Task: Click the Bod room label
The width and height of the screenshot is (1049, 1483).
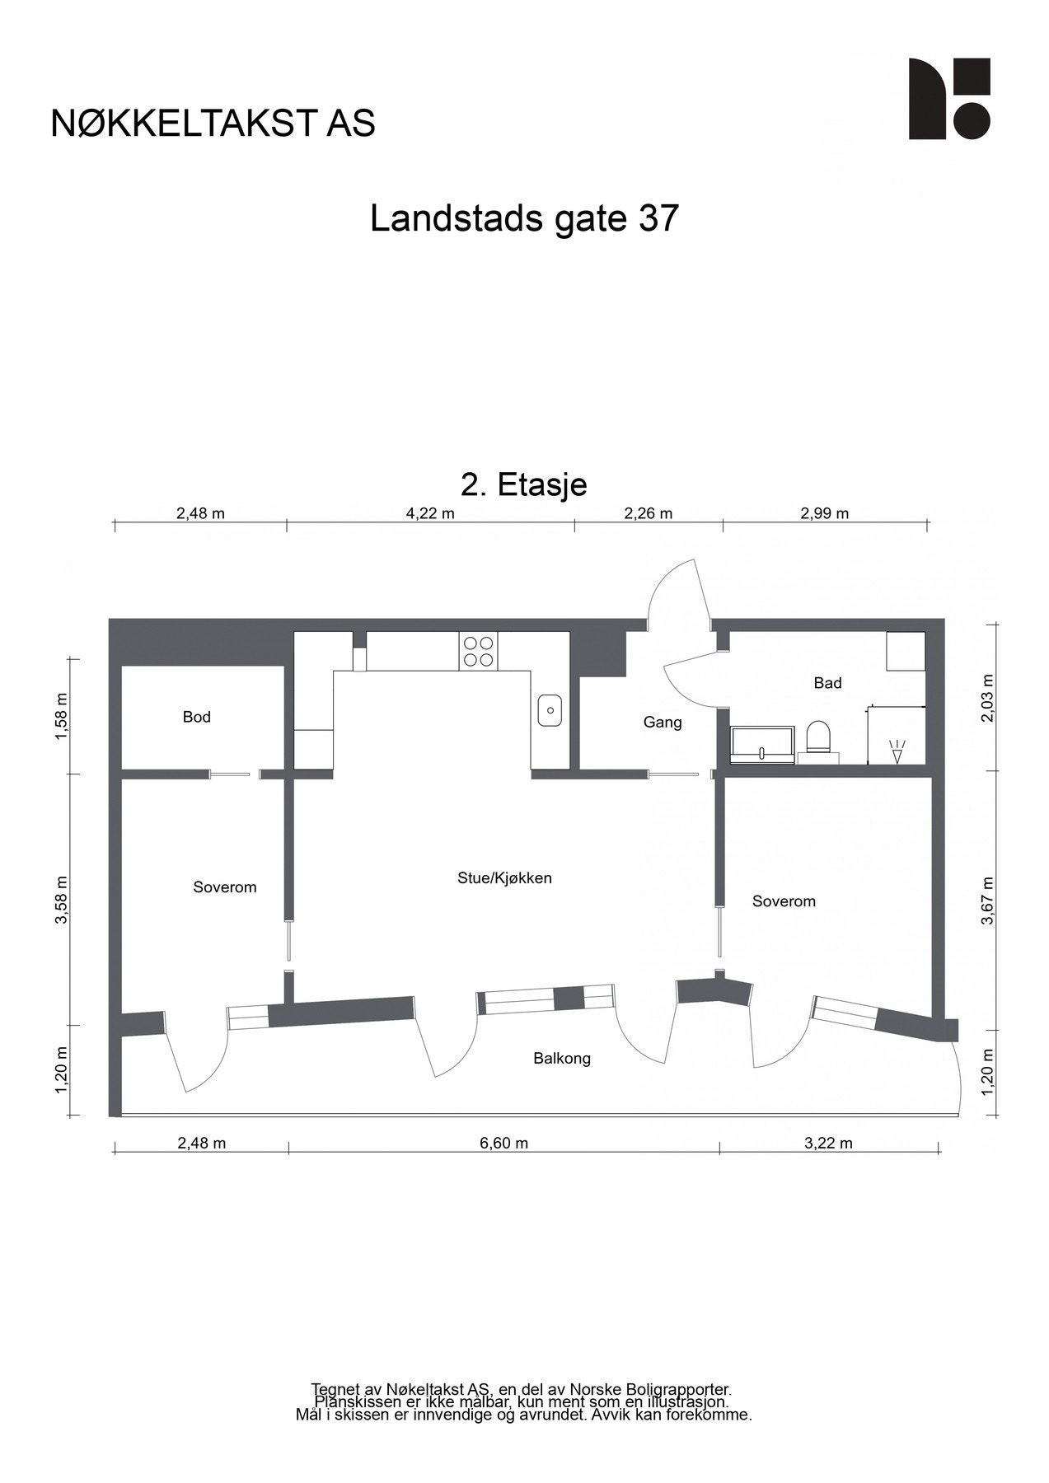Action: click(197, 717)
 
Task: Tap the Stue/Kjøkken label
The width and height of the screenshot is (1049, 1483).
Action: click(504, 877)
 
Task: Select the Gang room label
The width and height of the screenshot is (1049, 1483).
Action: click(663, 723)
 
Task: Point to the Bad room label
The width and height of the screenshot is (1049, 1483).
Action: click(827, 682)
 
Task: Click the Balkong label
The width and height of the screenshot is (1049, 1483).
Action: click(562, 1058)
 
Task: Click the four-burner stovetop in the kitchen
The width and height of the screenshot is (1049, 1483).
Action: click(479, 651)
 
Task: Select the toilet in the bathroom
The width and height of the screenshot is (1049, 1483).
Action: click(818, 737)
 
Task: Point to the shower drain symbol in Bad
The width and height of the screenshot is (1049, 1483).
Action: click(897, 751)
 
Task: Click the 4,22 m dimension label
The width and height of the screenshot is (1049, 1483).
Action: click(430, 513)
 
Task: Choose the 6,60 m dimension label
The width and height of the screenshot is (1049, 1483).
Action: click(503, 1143)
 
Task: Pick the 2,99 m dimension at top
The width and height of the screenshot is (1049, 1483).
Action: click(824, 513)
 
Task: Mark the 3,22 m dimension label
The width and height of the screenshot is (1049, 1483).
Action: click(827, 1143)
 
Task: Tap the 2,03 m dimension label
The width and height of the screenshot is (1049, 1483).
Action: click(988, 698)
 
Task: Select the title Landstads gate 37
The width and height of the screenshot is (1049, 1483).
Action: click(524, 219)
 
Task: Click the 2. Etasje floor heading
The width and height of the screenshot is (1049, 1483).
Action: click(524, 484)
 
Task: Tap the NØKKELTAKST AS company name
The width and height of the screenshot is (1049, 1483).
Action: click(213, 123)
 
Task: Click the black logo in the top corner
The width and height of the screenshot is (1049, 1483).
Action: click(949, 99)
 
